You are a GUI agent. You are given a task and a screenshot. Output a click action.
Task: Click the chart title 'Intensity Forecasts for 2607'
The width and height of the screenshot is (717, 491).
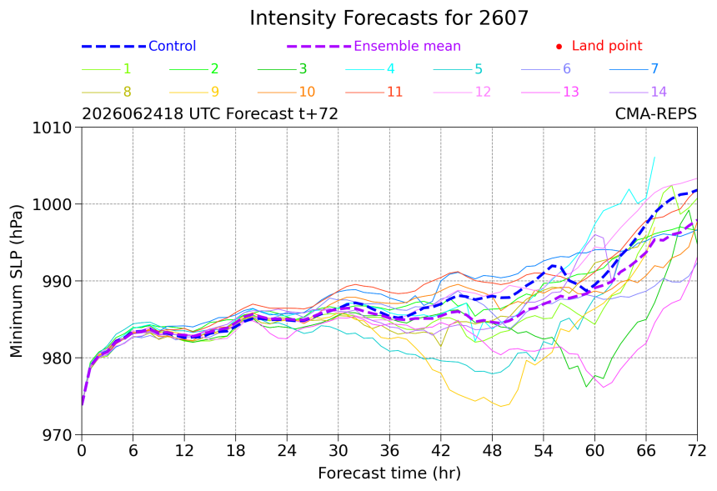pyautogui.click(x=389, y=18)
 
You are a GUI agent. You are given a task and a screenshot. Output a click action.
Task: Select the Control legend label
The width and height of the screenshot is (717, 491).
pyautogui.click(x=173, y=46)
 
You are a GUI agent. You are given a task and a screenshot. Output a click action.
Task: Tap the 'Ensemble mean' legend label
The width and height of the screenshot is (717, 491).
pyautogui.click(x=407, y=46)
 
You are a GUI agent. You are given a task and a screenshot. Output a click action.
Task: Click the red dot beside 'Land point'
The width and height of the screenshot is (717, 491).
pyautogui.click(x=559, y=47)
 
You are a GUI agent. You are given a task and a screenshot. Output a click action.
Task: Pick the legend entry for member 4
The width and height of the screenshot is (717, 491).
pyautogui.click(x=390, y=68)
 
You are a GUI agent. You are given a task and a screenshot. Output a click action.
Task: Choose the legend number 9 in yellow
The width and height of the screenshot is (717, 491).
pyautogui.click(x=215, y=92)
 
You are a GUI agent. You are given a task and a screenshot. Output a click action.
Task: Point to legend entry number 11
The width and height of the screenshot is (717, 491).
pyautogui.click(x=394, y=92)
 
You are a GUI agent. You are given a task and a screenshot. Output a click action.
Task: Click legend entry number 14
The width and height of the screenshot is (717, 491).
pyautogui.click(x=659, y=92)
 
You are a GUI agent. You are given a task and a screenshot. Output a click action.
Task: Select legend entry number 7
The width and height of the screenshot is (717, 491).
pyautogui.click(x=654, y=68)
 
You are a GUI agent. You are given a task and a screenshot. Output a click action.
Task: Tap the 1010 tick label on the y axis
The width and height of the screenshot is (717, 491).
pyautogui.click(x=52, y=128)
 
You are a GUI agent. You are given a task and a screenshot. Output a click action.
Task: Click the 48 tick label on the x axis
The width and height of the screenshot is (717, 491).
pyautogui.click(x=492, y=451)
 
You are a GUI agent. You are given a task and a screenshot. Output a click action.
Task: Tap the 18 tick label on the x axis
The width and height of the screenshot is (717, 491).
pyautogui.click(x=235, y=451)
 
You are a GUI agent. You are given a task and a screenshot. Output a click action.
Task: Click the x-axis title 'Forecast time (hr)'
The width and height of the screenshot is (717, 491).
pyautogui.click(x=389, y=473)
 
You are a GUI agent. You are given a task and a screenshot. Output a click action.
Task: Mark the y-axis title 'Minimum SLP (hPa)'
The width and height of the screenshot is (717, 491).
pyautogui.click(x=16, y=281)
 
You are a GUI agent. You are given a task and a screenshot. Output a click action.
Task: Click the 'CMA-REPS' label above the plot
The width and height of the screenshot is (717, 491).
pyautogui.click(x=656, y=113)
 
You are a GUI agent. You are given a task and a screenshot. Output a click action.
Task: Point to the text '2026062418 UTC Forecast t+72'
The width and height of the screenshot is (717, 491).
pyautogui.click(x=210, y=113)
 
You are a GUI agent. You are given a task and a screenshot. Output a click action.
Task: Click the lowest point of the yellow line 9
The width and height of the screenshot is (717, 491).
pyautogui.click(x=501, y=406)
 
